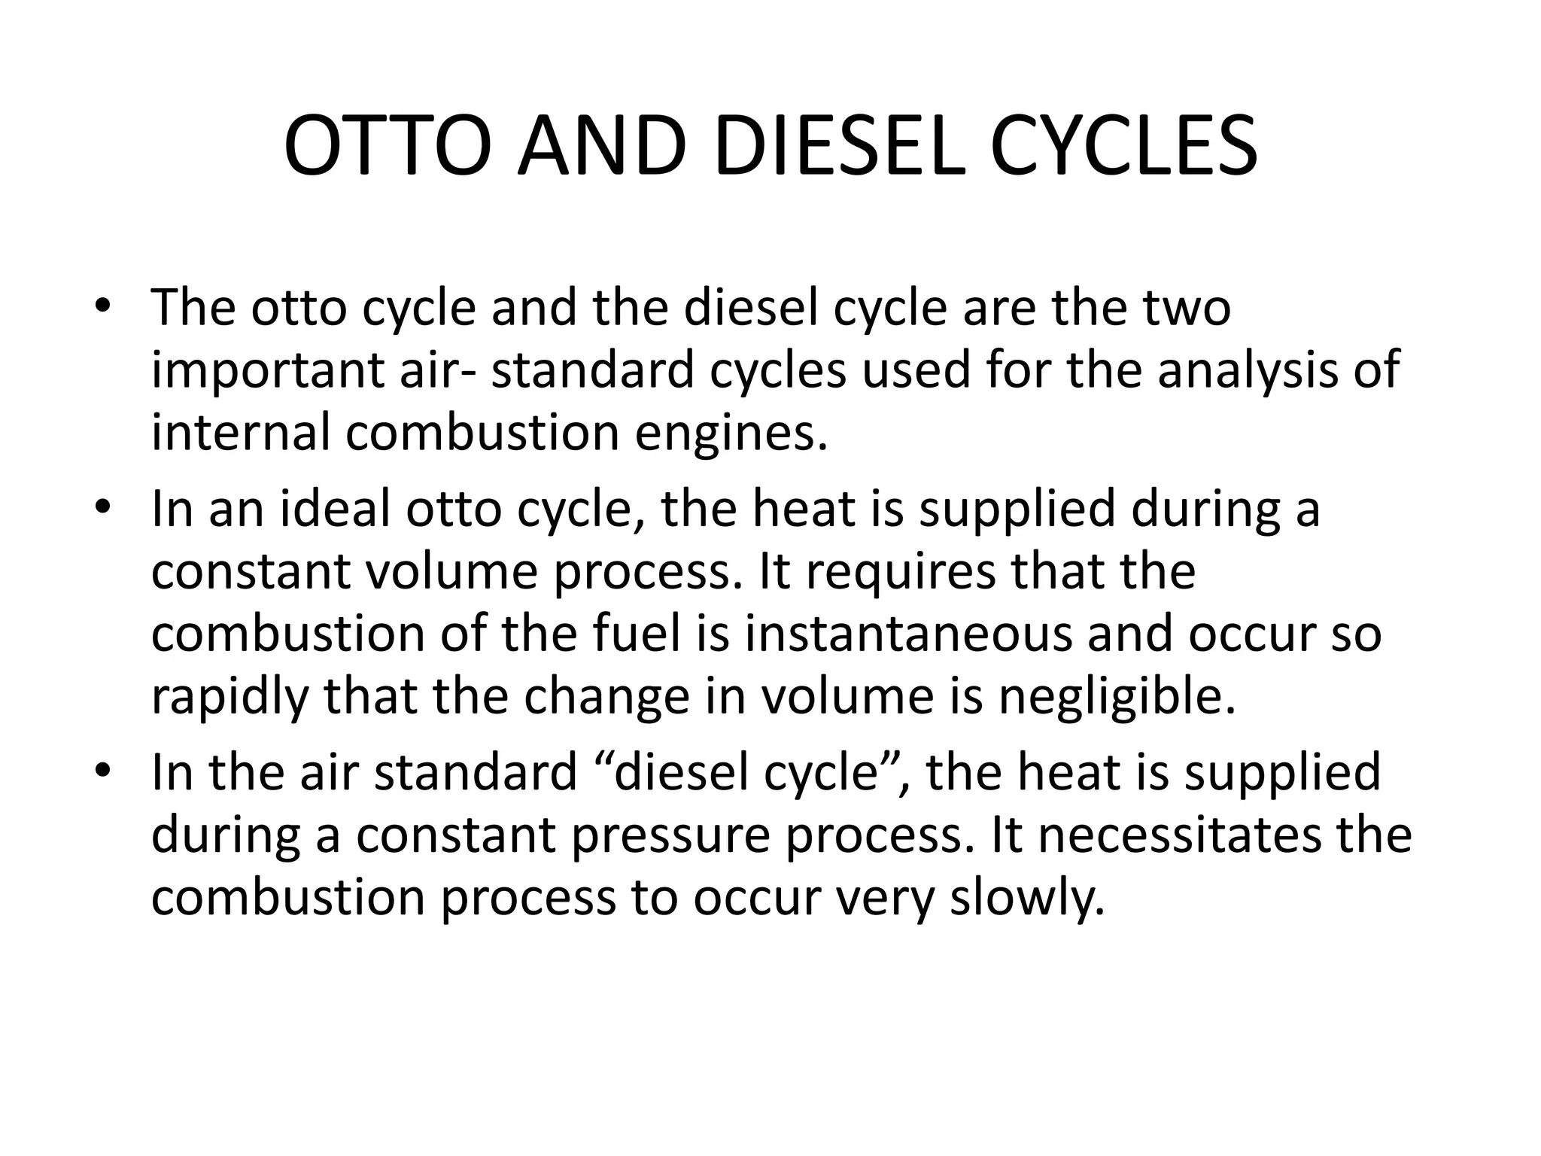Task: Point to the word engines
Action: click(731, 435)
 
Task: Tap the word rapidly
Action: click(230, 698)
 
